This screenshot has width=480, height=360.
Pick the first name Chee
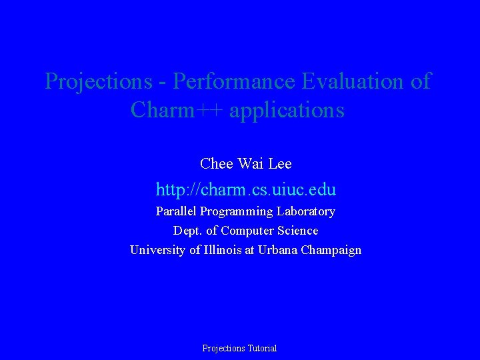click(x=215, y=163)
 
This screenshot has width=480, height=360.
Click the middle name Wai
click(x=248, y=163)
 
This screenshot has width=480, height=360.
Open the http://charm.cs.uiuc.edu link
click(x=245, y=190)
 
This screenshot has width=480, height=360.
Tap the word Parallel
click(x=175, y=211)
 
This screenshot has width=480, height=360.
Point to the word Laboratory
click(x=306, y=211)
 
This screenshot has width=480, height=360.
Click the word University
click(x=157, y=250)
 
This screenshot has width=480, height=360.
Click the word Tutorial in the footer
click(x=261, y=348)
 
